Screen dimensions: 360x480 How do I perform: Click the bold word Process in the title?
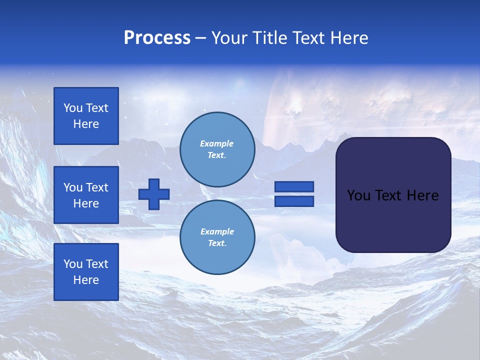[x=157, y=38]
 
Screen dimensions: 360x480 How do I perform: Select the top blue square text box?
[x=86, y=116]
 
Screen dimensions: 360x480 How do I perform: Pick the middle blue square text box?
[x=86, y=195]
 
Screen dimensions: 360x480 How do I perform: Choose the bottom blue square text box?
[x=86, y=271]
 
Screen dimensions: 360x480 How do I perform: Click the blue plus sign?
[x=154, y=194]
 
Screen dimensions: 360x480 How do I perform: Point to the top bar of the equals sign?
[x=294, y=186]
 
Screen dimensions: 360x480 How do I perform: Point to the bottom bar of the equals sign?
[x=294, y=201]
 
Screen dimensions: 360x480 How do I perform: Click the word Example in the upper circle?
[x=216, y=143]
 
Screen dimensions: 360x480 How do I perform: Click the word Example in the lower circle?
[x=217, y=231]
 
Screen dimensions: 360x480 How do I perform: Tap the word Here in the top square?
[x=86, y=124]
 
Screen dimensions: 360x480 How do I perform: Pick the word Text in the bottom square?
[x=97, y=264]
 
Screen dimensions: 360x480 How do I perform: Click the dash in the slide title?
[x=200, y=38]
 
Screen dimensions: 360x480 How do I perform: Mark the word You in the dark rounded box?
[x=358, y=195]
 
